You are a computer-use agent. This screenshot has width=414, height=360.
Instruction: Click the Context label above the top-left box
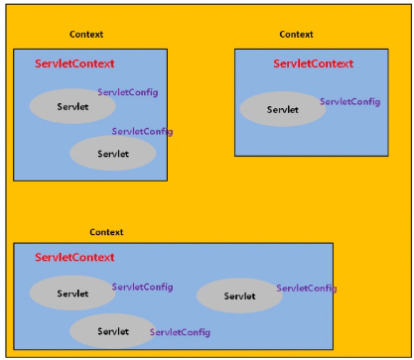click(x=86, y=35)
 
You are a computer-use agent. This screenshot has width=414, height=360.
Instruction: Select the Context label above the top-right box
click(x=296, y=35)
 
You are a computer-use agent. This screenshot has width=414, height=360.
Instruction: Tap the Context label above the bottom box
click(x=106, y=232)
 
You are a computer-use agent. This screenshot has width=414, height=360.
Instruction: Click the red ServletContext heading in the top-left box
click(x=74, y=63)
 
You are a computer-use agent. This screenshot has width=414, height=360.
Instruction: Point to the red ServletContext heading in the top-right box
click(x=313, y=63)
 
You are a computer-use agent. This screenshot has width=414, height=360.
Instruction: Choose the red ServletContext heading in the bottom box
click(x=74, y=258)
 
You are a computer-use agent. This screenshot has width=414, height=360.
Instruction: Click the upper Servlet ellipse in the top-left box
click(x=72, y=106)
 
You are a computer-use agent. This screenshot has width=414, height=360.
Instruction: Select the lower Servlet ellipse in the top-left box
click(x=113, y=153)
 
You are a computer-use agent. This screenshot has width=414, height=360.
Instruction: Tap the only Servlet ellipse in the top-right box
click(x=283, y=109)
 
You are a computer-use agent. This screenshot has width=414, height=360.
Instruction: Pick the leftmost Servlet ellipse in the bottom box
click(x=72, y=293)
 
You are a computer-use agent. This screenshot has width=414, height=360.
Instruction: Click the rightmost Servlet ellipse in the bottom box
click(x=239, y=296)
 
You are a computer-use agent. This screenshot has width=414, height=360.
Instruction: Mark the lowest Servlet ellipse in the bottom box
click(x=112, y=330)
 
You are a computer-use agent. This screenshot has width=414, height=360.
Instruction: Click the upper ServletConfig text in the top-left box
click(x=127, y=92)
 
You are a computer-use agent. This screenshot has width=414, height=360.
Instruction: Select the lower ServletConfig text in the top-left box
click(x=142, y=131)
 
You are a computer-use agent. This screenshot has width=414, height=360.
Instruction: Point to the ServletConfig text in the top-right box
click(x=349, y=101)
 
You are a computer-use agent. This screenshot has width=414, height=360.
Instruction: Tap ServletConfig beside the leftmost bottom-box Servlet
click(x=142, y=287)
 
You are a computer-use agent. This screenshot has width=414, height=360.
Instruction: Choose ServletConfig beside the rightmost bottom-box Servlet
click(x=306, y=288)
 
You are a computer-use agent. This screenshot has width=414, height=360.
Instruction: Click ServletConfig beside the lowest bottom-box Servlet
click(x=180, y=332)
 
